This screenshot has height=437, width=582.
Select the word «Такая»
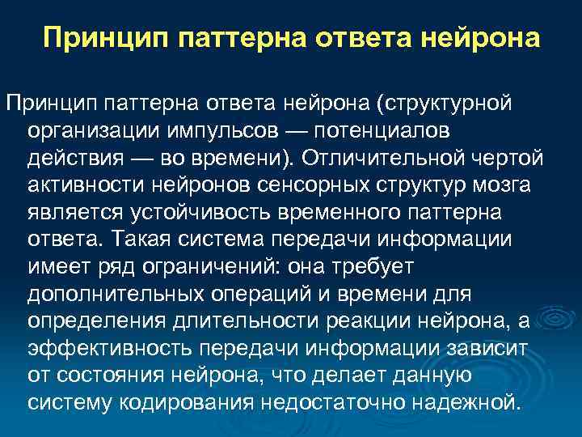147,239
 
